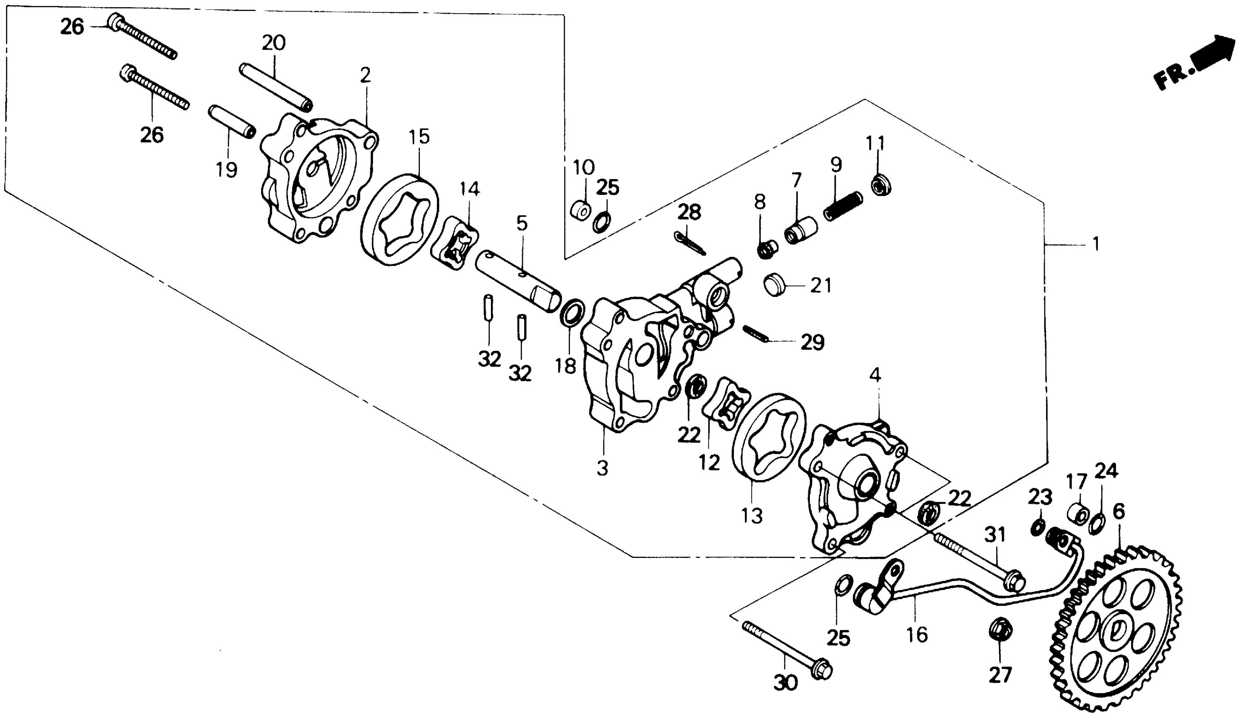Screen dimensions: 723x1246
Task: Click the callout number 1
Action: tap(1095, 244)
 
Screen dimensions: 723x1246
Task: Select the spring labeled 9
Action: tap(843, 206)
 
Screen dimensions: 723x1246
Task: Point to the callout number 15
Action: tap(419, 137)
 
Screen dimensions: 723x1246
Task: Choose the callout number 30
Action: tap(785, 683)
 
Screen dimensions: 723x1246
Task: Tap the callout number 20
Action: tap(274, 43)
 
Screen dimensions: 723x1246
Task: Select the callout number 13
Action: tap(752, 515)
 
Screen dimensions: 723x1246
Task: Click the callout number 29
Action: tap(813, 342)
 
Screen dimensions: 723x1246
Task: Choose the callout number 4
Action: tap(875, 376)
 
